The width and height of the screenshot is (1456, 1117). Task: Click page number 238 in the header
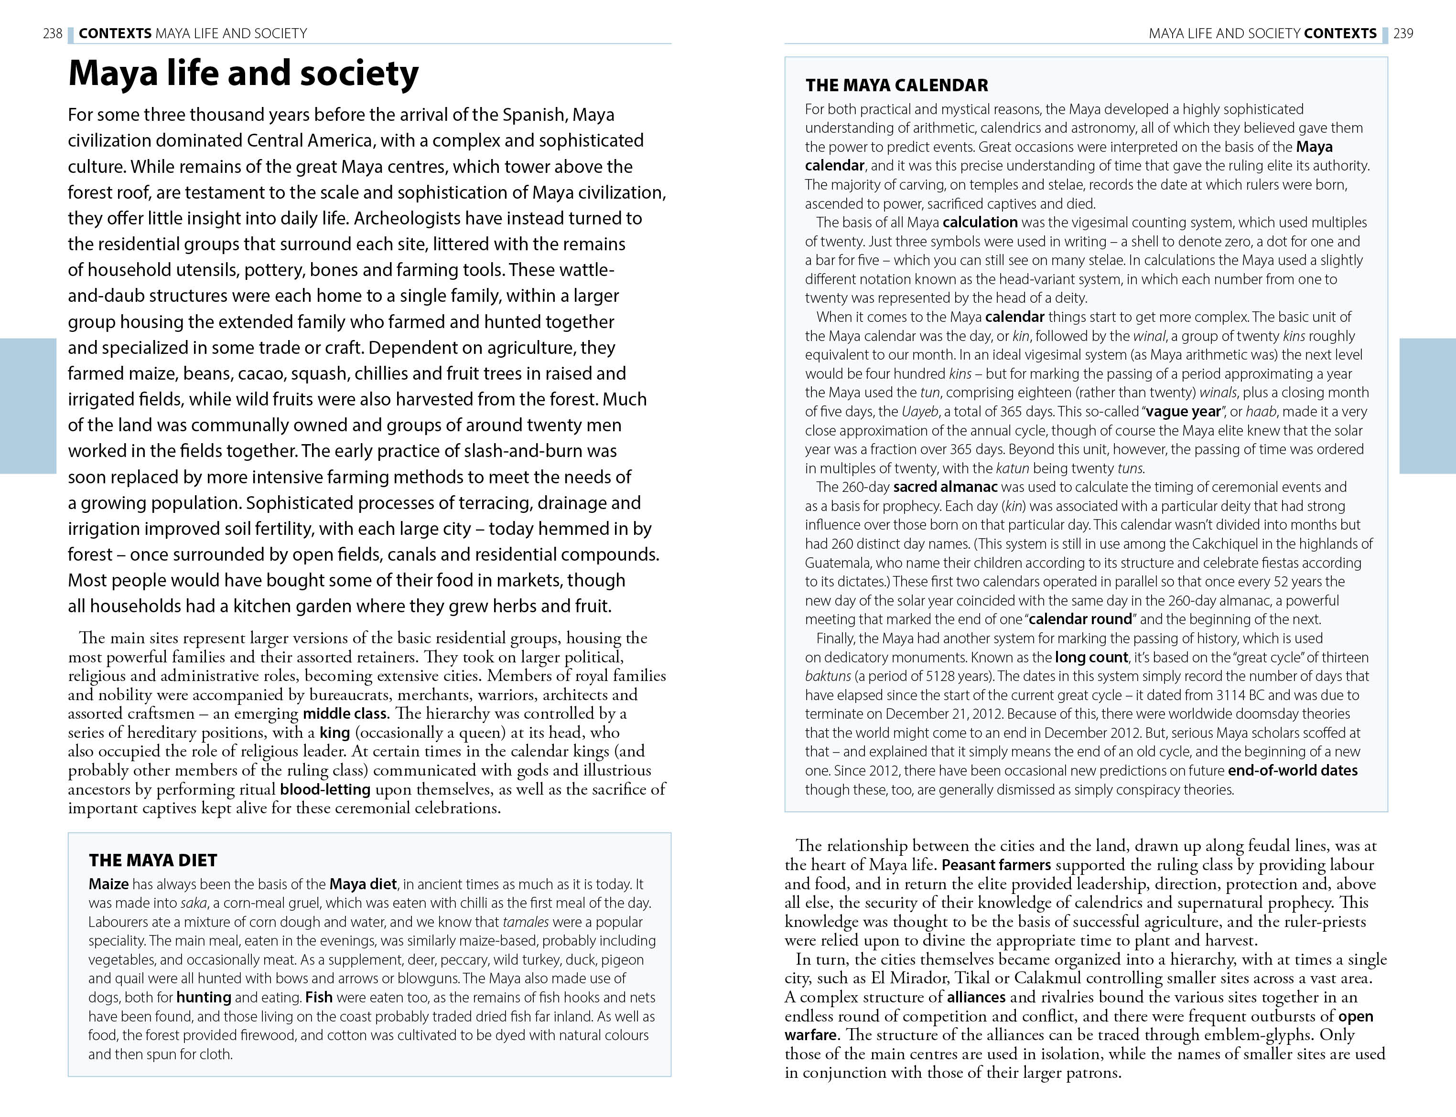point(53,33)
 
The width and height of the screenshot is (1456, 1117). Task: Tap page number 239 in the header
point(1403,33)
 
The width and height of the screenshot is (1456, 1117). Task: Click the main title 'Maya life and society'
point(243,73)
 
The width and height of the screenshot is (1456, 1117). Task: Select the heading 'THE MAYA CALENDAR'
point(896,85)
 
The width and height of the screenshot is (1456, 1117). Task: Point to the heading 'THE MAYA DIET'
point(153,861)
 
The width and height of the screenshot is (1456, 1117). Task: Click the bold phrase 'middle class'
point(345,713)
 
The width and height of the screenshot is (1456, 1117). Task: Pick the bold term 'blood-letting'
point(325,789)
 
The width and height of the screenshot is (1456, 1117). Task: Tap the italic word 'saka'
point(193,903)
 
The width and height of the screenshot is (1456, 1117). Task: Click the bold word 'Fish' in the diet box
point(319,997)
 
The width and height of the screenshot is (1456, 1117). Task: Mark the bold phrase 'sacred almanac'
point(945,487)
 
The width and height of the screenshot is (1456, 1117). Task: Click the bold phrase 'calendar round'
point(1080,619)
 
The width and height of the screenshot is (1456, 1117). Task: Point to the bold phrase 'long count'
point(1091,657)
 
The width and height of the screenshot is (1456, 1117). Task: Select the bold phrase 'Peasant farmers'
point(996,865)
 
